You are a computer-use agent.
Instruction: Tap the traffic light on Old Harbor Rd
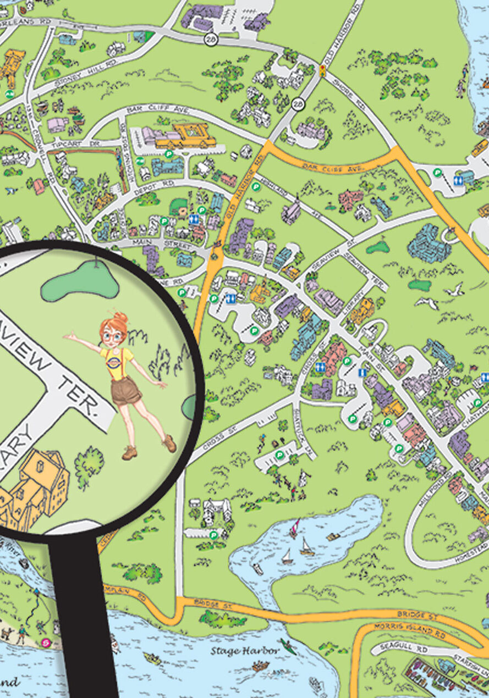tap(322, 70)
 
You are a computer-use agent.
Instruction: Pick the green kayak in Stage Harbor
tap(288, 646)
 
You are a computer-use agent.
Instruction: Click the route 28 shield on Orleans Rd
tap(211, 39)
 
